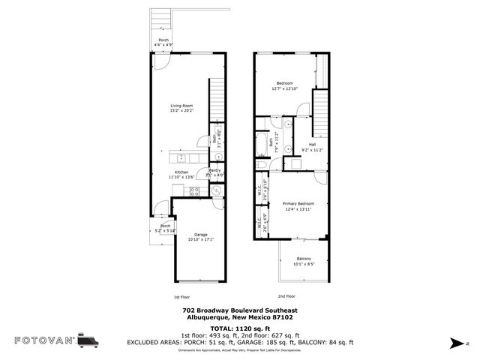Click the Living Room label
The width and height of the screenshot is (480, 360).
point(183,106)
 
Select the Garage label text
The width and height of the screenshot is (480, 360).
point(201,235)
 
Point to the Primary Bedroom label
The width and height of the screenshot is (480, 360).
point(298,204)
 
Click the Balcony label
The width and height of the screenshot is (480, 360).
point(303,259)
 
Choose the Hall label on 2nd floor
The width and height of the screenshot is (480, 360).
point(310,145)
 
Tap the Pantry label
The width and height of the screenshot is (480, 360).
point(214,172)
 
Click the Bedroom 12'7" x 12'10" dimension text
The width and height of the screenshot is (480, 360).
point(285,88)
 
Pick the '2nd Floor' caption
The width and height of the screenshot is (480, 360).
point(286,296)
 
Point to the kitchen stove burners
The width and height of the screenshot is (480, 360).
point(194,192)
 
